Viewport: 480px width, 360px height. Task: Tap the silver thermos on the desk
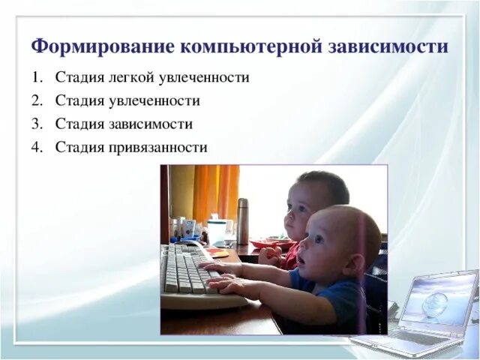[242, 220]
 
